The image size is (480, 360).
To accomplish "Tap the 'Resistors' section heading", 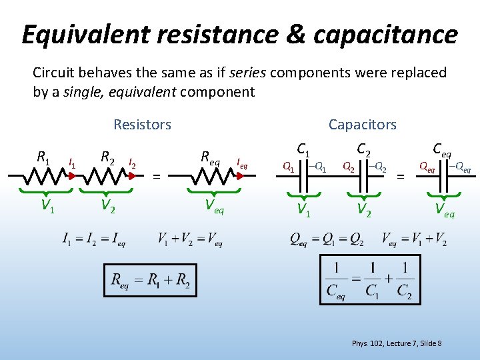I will tap(142, 125).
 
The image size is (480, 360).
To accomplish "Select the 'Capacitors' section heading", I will tap(362, 125).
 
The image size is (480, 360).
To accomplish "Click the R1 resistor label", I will tap(43, 158).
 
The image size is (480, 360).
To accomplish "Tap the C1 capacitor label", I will tap(305, 151).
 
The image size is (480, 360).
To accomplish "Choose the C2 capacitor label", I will tap(365, 151).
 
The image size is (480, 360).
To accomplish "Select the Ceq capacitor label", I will tap(443, 149).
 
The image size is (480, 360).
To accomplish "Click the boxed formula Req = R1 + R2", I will tap(151, 281).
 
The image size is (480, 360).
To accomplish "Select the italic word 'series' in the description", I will tap(248, 73).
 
